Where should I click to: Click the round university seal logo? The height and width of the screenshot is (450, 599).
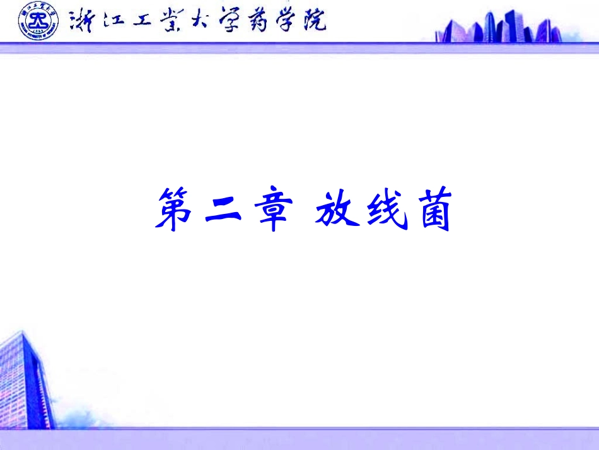[x=38, y=21]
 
